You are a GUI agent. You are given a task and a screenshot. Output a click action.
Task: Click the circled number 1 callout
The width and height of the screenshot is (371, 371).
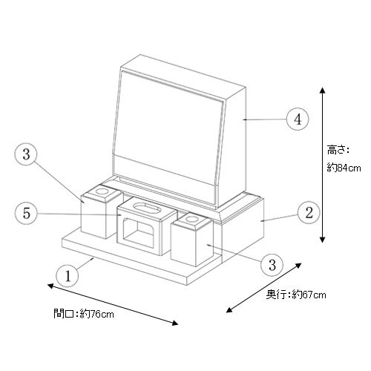pos(68,275)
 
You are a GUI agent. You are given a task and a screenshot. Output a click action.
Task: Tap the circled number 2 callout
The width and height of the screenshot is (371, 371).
pos(309,213)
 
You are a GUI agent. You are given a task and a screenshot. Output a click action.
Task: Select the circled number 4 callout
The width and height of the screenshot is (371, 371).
pos(298,119)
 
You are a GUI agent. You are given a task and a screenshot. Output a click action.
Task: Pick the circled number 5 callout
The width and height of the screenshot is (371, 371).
pos(26,213)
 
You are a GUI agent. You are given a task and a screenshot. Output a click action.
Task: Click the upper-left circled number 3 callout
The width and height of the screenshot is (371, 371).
pos(26,154)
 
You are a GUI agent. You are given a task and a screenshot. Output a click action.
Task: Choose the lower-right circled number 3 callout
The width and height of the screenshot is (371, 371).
pos(272,264)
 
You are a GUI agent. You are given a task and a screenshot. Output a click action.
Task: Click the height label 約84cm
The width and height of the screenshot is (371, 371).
pos(344,168)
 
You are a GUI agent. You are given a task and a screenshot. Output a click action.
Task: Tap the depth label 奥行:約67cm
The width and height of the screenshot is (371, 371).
pos(296,295)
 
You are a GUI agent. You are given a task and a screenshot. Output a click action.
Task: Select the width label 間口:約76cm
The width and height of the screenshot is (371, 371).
pos(84,314)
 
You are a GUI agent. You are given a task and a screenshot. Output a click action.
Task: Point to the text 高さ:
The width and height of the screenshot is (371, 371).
pos(338,150)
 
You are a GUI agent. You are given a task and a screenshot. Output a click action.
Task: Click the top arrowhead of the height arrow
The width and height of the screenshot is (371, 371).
pos(322,91)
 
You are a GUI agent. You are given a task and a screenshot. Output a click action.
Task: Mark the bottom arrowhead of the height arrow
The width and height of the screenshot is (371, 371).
pos(322,239)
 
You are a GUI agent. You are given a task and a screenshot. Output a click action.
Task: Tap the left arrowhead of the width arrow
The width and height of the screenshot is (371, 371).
pos(50,286)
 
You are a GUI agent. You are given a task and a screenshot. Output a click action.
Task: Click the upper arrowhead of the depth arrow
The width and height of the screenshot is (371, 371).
pos(298,266)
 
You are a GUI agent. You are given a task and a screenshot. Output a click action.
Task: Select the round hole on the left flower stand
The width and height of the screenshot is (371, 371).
pos(102,191)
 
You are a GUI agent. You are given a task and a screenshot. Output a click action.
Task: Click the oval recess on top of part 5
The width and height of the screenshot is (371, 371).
pos(147,207)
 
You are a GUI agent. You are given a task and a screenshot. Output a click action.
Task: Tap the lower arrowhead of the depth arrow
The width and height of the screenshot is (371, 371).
pos(229,310)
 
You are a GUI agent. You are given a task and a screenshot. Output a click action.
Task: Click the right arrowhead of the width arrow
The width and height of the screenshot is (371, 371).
pos(175,323)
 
